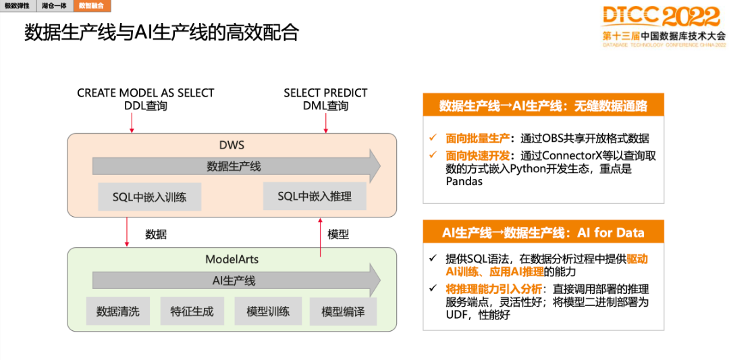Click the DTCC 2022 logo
click(664, 26)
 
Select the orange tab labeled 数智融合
click(91, 5)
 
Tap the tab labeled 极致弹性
click(17, 5)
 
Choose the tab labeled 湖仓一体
click(54, 5)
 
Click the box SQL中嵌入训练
click(149, 197)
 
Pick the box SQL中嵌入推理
click(315, 196)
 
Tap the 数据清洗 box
click(117, 311)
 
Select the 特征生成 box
click(192, 311)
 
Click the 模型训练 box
click(268, 311)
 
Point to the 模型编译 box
click(343, 312)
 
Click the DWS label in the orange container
click(232, 145)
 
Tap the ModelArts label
click(232, 259)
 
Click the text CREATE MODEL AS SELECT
click(146, 93)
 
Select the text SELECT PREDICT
click(325, 93)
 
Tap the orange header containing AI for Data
click(543, 232)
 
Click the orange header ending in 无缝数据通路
click(543, 105)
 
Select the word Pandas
click(464, 181)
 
